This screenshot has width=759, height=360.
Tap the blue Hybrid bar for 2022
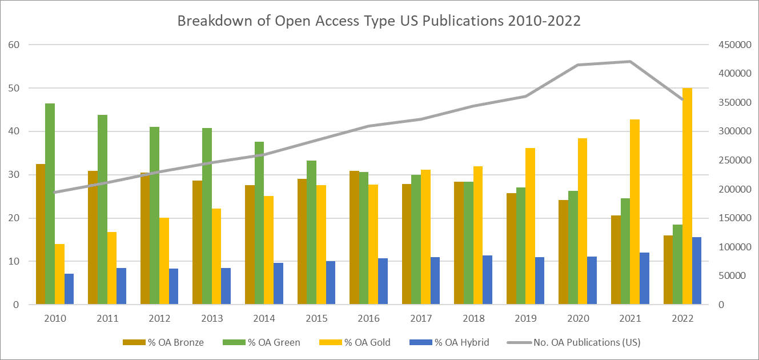[697, 271]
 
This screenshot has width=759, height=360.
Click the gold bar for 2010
[60, 274]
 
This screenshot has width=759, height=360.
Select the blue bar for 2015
[330, 283]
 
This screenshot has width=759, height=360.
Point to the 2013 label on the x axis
[212, 318]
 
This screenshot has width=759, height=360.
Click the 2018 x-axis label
[473, 318]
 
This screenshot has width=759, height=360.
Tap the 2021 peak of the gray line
[630, 61]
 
